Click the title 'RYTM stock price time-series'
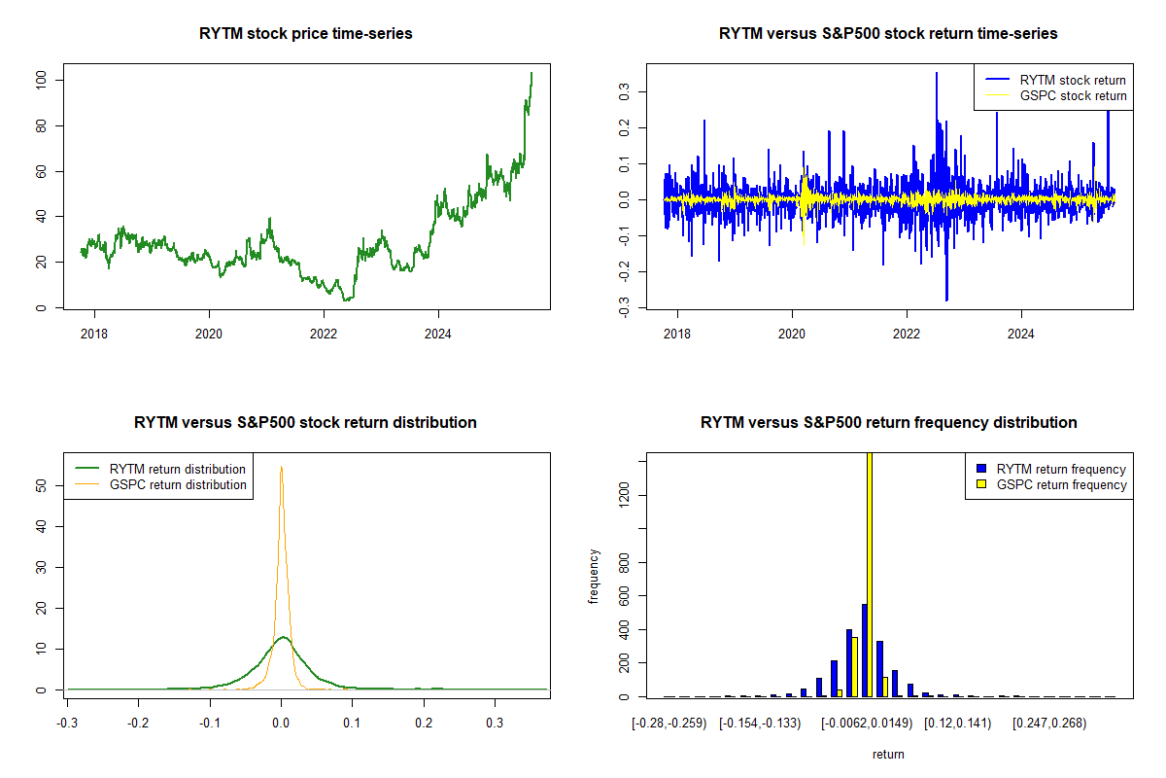click(305, 34)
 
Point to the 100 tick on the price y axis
click(40, 80)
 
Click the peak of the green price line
click(532, 73)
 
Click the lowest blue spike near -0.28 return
click(946, 300)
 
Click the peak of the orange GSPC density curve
click(281, 467)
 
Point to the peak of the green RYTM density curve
click(283, 637)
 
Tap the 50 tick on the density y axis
click(40, 484)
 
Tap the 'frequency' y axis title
click(594, 577)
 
